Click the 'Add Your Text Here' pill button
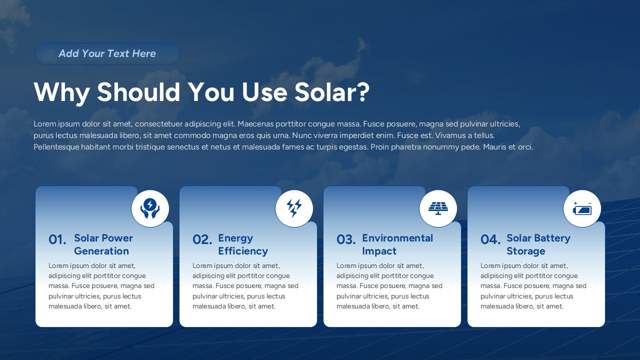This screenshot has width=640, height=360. point(107,53)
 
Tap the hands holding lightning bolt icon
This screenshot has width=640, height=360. point(150,208)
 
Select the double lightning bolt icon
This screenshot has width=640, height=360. point(294,208)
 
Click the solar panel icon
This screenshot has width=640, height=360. point(438,208)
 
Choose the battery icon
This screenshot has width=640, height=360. point(582,208)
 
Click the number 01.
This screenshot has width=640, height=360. point(57,240)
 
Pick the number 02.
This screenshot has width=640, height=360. point(202,240)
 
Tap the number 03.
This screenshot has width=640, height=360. point(346,240)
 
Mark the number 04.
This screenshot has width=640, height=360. point(490,240)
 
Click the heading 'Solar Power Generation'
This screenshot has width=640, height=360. point(103,244)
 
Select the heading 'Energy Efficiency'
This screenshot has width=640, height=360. point(243,244)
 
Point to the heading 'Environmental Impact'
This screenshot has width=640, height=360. point(397,244)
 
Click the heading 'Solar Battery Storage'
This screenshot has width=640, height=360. point(538,244)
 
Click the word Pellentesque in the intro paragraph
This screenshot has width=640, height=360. point(56,147)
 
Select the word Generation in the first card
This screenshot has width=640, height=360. point(101,251)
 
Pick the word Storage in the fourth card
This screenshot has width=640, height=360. point(525,251)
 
